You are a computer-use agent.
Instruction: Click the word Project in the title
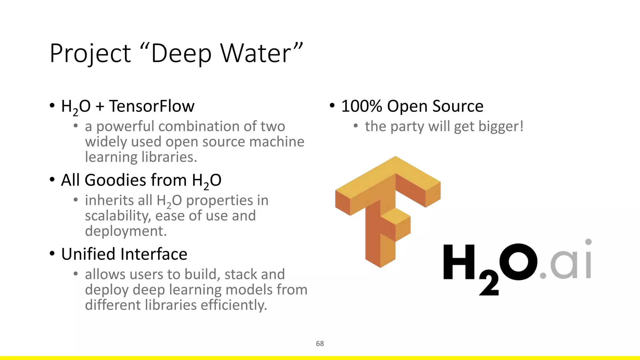[x=90, y=54]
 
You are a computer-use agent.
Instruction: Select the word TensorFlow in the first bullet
[x=152, y=106]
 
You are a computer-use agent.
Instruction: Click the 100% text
[x=361, y=106]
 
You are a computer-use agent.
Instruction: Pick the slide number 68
[x=320, y=343]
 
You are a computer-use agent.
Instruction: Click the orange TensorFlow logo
[x=387, y=209]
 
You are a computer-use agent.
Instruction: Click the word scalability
[x=118, y=216]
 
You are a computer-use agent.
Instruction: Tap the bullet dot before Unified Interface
[x=52, y=253]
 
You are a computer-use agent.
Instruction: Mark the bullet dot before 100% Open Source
[x=332, y=106]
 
